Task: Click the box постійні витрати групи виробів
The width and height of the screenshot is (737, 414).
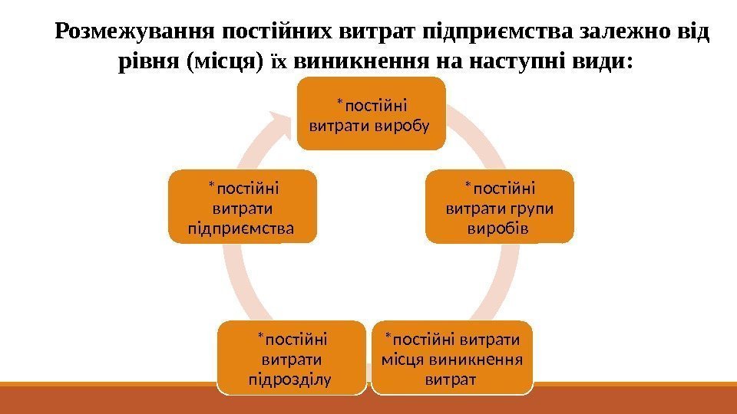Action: click(500, 207)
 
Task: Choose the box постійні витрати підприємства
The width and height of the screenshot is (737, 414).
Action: click(242, 207)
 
